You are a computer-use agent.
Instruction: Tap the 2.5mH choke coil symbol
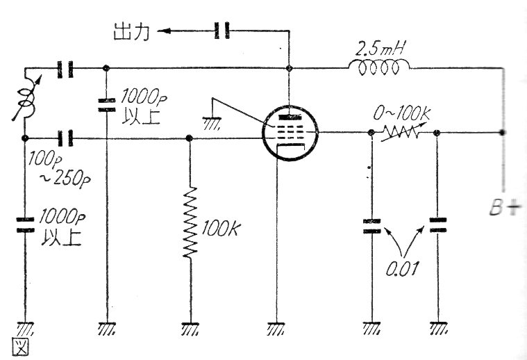tap(378, 67)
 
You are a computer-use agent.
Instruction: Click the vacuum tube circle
tap(290, 131)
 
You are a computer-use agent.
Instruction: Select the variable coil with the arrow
tap(26, 104)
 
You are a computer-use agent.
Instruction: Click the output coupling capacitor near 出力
tap(221, 30)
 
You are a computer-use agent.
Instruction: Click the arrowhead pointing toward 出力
tap(162, 31)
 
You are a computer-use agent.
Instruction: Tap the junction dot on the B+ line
tap(501, 131)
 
